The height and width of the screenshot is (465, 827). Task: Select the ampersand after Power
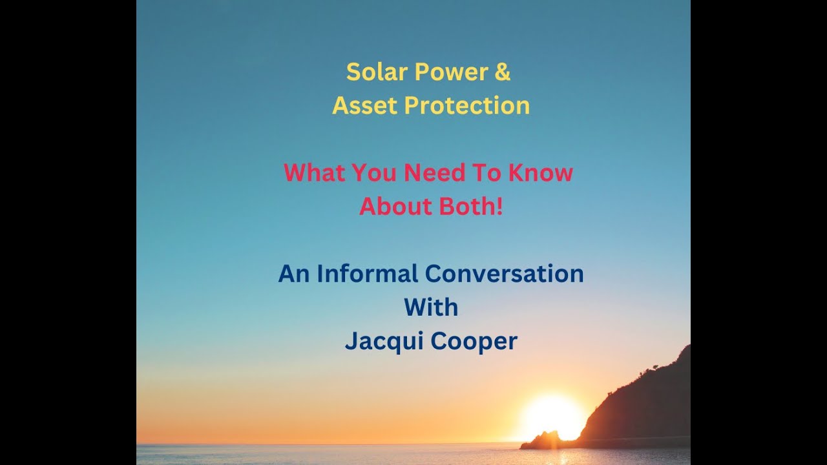503,72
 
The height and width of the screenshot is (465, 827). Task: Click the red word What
315,172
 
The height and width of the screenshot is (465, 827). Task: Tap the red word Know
541,172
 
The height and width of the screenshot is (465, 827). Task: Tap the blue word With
431,307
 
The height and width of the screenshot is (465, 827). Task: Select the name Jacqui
384,341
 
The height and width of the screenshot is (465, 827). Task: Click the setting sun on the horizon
552,417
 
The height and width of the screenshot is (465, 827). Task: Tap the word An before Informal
294,274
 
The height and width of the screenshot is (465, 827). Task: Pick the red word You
377,172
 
